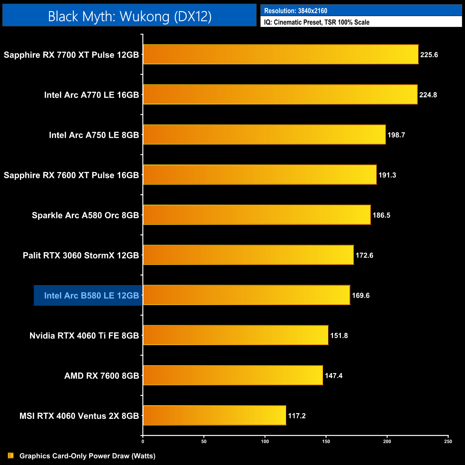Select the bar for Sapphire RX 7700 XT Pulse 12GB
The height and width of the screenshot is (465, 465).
click(x=281, y=54)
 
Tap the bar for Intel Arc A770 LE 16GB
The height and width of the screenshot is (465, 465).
click(x=280, y=94)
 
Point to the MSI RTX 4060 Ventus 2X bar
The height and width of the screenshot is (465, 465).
click(x=215, y=415)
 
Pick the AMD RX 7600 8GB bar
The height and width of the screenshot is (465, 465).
click(x=233, y=375)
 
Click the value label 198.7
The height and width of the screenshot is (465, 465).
click(x=396, y=135)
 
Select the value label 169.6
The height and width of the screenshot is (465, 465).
click(x=361, y=295)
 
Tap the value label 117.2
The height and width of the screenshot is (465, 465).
click(x=297, y=416)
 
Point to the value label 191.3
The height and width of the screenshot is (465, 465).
click(x=387, y=175)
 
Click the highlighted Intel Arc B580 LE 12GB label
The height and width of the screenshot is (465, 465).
click(x=91, y=295)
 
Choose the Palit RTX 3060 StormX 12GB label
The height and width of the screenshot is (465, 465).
click(x=81, y=255)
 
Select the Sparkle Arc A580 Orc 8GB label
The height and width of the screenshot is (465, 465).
click(x=85, y=215)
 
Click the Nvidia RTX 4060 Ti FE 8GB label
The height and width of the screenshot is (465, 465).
click(x=84, y=336)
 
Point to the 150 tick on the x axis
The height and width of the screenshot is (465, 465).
click(x=326, y=441)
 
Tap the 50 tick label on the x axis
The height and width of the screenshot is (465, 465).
click(x=204, y=441)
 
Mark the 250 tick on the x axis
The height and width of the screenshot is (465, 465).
click(x=448, y=441)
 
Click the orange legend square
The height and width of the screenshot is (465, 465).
click(x=11, y=455)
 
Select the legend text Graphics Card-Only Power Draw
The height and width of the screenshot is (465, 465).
click(x=87, y=456)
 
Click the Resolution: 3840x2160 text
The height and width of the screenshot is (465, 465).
click(x=295, y=11)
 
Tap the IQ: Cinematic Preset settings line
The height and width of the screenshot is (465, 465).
click(x=317, y=22)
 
